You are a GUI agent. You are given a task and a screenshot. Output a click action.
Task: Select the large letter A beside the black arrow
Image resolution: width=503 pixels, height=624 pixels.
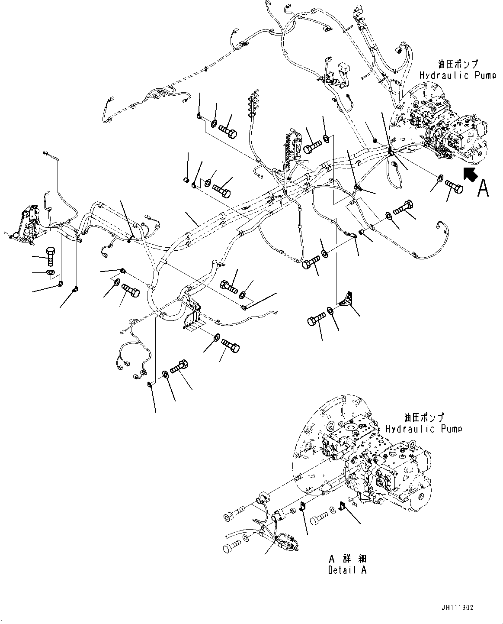[484, 188]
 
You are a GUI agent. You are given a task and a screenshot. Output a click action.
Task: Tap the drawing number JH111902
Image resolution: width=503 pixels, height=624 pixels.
[458, 608]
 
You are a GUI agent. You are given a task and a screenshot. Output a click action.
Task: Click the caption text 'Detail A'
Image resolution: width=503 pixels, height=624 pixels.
[347, 569]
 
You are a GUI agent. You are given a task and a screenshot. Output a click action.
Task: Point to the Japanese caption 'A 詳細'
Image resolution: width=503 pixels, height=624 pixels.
[347, 559]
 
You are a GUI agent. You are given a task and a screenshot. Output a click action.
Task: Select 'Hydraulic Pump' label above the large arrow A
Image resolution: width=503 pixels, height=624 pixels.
[457, 75]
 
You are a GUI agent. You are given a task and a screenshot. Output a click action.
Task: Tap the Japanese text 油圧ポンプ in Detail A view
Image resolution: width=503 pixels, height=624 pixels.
[424, 418]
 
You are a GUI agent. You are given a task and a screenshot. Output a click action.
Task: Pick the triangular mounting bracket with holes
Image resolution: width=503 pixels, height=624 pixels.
[346, 300]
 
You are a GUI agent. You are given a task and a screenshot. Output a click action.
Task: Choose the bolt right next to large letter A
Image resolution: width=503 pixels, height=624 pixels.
[453, 188]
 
